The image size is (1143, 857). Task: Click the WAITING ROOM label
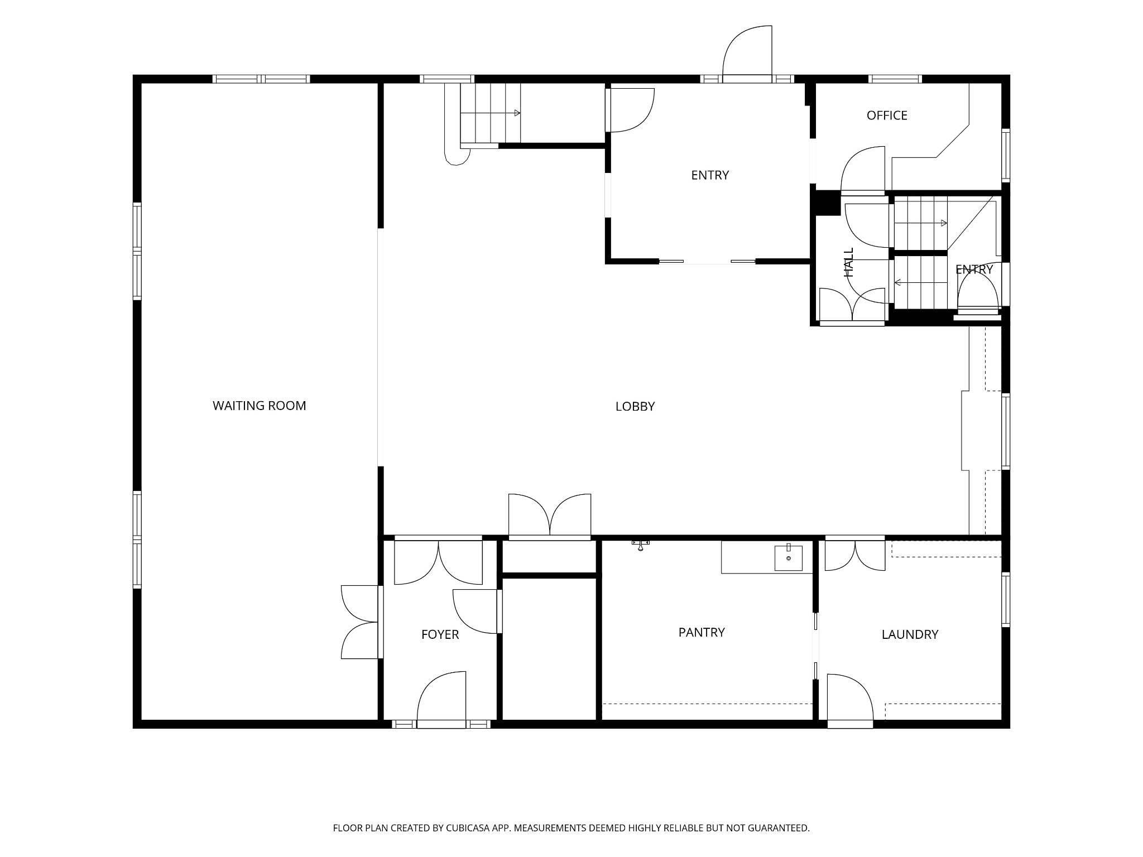[260, 406]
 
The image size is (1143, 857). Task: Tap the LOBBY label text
[635, 407]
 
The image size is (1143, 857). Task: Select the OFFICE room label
[887, 115]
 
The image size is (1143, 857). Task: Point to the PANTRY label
[702, 632]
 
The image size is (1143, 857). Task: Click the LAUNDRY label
[910, 634]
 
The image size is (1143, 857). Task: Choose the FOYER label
[440, 634]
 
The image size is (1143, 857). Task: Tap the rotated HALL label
[849, 262]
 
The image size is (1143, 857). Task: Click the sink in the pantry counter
[789, 557]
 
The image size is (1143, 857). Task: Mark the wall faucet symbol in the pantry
[641, 545]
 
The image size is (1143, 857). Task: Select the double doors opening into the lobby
[550, 516]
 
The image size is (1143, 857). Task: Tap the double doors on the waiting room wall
[361, 622]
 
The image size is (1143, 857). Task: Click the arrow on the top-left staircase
[491, 113]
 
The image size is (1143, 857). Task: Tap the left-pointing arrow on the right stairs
[921, 283]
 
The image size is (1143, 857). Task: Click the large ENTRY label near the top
[710, 175]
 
